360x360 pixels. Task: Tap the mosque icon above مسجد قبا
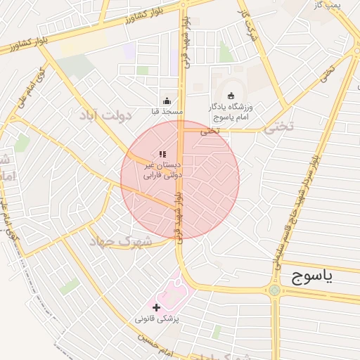point(167,101)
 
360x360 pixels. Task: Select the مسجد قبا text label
point(167,112)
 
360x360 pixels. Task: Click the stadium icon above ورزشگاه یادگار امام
point(231,96)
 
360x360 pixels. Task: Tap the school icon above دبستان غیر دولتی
point(162,154)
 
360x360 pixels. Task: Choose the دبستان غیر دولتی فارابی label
point(162,169)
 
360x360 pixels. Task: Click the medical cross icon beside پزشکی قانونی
point(156,307)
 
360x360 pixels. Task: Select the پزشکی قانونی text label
point(158,319)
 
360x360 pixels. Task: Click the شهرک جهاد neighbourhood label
point(120,240)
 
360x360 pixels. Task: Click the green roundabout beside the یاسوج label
point(273,290)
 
